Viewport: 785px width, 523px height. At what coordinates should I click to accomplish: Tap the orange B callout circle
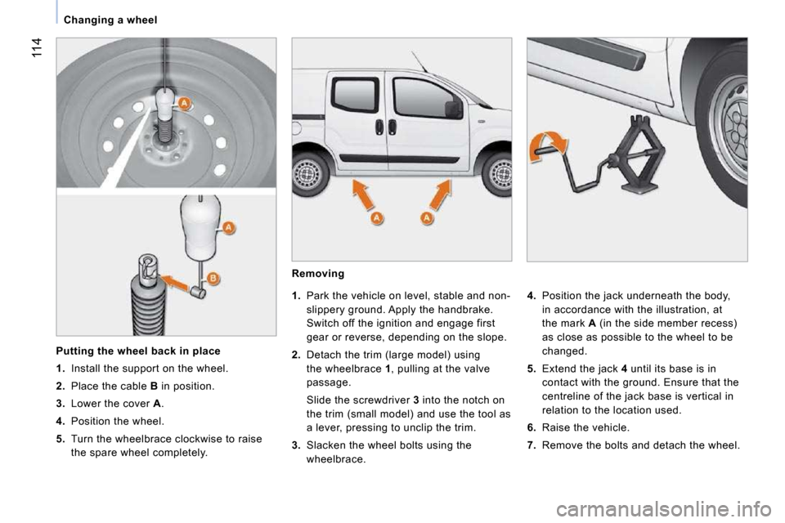213,279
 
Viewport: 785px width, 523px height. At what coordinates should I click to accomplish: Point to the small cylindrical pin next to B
198,290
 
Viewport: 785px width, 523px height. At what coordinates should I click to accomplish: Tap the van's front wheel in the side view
496,174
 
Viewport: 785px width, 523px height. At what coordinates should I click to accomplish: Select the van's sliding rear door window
355,95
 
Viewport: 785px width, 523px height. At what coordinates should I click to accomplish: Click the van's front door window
419,97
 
